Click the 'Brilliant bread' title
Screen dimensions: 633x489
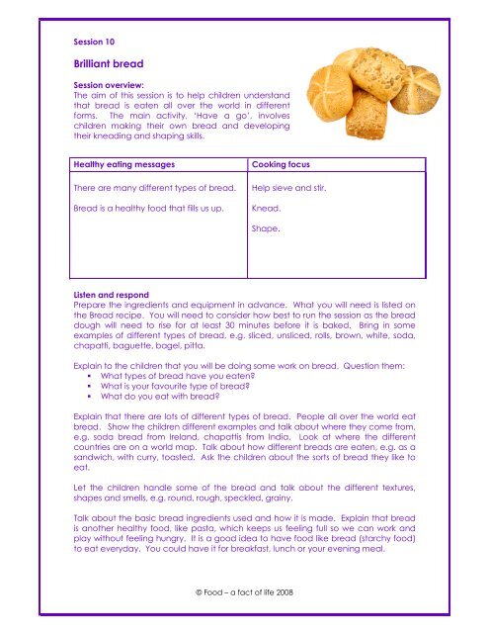(x=109, y=61)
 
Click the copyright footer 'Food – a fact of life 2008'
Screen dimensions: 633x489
(x=243, y=590)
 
